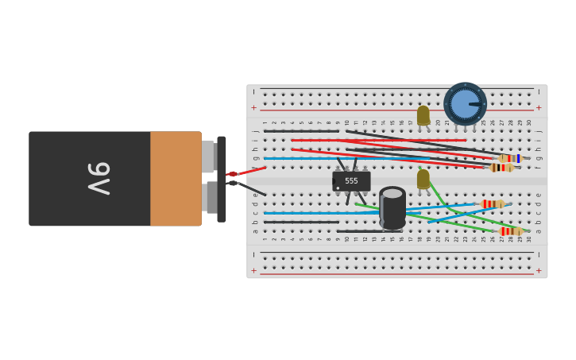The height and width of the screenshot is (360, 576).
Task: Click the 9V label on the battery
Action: click(x=99, y=178)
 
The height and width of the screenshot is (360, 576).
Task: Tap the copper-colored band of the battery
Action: click(x=176, y=179)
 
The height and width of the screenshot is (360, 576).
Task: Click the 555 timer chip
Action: click(x=351, y=181)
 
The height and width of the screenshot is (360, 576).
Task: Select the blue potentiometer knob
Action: click(x=465, y=104)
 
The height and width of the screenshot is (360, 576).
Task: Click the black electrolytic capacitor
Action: click(x=392, y=208)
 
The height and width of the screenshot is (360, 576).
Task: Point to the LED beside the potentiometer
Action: click(x=423, y=116)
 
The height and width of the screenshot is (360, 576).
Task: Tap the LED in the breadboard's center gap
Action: click(x=423, y=179)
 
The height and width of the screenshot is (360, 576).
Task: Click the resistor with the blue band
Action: click(x=509, y=158)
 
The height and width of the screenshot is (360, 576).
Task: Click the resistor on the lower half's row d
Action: click(x=493, y=204)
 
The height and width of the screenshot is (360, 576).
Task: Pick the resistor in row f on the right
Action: click(x=501, y=168)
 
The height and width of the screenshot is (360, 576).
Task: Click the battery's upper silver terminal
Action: click(x=208, y=157)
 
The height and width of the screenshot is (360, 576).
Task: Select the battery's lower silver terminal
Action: click(x=210, y=197)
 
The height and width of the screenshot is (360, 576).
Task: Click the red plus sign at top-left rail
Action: click(x=254, y=107)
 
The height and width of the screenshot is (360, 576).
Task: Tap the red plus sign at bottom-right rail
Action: click(x=539, y=271)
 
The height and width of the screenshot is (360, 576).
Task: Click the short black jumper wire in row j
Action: click(x=301, y=131)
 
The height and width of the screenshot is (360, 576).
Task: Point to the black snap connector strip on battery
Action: click(x=222, y=179)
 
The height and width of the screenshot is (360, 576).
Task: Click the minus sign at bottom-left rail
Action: click(x=254, y=254)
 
